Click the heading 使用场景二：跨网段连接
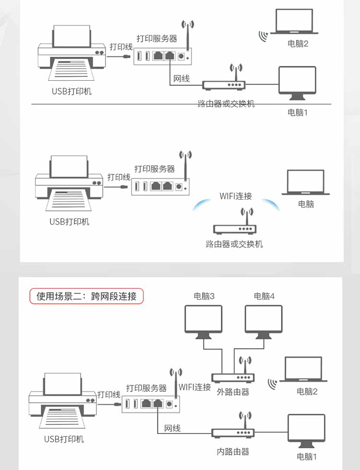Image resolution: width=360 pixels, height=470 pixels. click(x=86, y=296)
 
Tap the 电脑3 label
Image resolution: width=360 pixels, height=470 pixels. click(x=204, y=296)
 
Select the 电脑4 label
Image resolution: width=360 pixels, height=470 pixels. click(x=264, y=296)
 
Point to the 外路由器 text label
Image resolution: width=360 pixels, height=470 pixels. click(x=233, y=392)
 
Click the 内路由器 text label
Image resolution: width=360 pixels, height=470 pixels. click(x=233, y=451)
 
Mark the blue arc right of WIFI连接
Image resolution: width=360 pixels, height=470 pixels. click(x=273, y=205)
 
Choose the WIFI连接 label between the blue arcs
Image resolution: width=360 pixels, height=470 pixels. click(x=236, y=196)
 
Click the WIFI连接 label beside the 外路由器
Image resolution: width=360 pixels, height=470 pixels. click(x=195, y=387)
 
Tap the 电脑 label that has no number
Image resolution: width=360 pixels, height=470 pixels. click(x=306, y=204)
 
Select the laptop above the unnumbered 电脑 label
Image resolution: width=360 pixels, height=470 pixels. click(x=306, y=182)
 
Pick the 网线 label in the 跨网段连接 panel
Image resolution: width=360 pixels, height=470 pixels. click(x=172, y=428)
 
